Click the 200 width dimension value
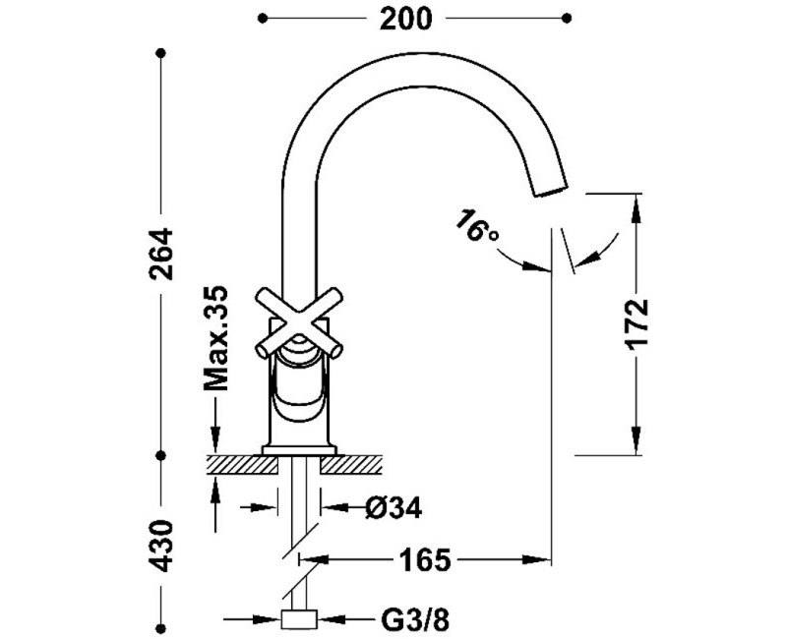(x=405, y=19)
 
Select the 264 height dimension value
(x=161, y=254)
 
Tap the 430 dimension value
(x=161, y=546)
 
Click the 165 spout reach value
(x=425, y=559)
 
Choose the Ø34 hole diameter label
(x=394, y=508)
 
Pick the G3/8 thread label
(x=414, y=621)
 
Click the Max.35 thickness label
(x=215, y=338)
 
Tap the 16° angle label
(x=476, y=227)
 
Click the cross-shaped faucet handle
(x=299, y=323)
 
